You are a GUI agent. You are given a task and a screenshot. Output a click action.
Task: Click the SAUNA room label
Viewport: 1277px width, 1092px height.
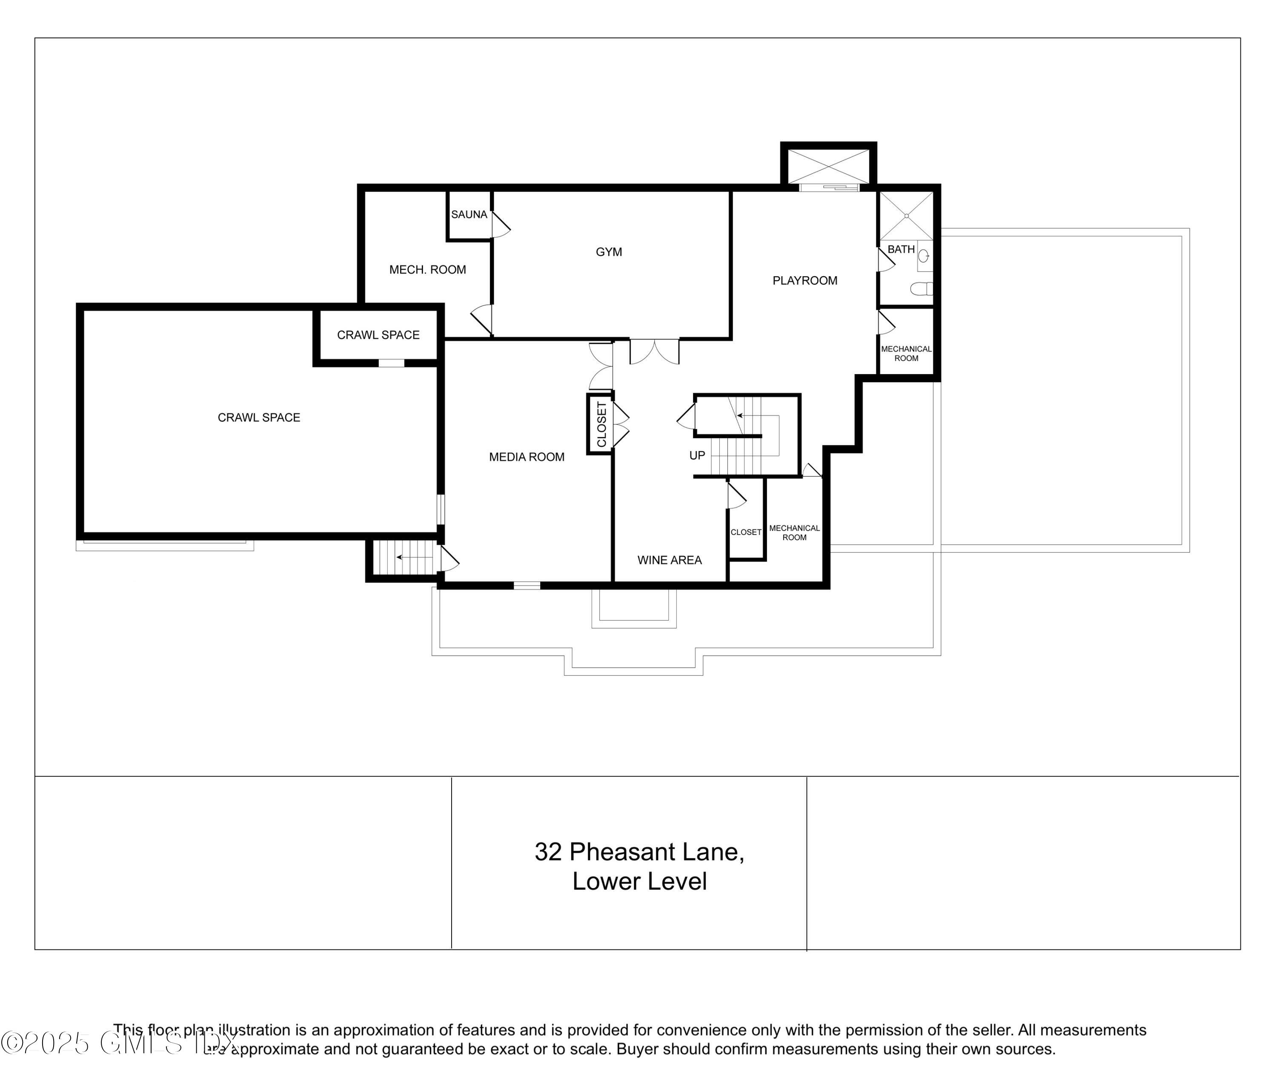469,214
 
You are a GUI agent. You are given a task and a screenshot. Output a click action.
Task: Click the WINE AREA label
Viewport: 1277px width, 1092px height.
669,560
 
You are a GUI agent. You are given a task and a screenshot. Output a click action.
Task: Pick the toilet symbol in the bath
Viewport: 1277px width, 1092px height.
922,289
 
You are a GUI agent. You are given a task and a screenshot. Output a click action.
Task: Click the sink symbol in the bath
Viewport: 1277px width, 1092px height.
924,255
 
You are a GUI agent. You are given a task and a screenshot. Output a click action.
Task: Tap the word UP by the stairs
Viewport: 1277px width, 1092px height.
697,455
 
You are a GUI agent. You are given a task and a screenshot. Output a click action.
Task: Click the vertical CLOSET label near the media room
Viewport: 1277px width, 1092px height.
601,425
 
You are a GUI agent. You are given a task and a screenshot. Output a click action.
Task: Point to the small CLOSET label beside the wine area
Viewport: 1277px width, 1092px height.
746,532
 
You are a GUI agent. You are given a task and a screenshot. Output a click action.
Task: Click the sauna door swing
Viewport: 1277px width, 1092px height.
501,226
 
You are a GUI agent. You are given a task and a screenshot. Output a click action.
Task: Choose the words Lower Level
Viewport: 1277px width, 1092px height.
639,881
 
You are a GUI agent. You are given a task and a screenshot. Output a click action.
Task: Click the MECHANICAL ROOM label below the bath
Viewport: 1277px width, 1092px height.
906,353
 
